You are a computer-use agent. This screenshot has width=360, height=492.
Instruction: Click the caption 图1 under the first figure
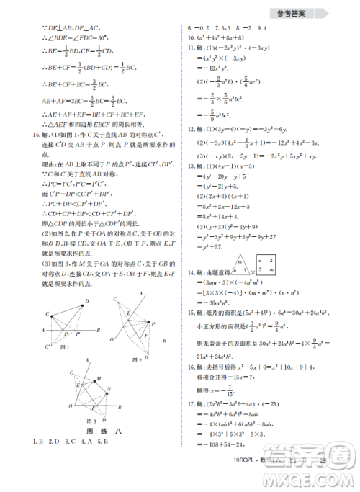[x=64, y=348]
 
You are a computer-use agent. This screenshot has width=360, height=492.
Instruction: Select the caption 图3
[x=91, y=420]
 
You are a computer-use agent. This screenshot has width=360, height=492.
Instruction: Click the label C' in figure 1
[x=47, y=345]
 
